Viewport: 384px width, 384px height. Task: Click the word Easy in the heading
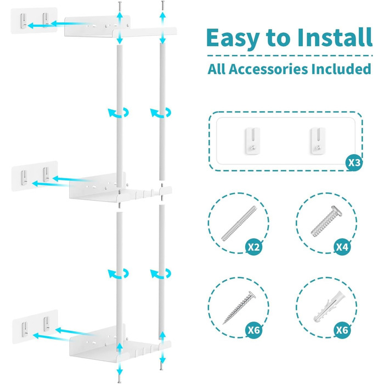233,38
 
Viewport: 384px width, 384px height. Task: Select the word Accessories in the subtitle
268,69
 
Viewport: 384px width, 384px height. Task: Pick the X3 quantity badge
354,162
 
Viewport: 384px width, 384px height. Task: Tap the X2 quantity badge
253,247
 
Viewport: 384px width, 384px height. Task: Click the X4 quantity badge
342,247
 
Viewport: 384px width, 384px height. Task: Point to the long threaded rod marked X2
239,223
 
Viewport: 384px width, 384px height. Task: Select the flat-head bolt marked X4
327,221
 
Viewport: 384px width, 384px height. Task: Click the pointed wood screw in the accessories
239,308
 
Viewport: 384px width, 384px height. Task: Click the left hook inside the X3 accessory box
253,141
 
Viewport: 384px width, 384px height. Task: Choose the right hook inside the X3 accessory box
318,141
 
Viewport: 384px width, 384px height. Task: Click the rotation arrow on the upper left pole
118,113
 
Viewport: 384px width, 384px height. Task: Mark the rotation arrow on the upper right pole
161,113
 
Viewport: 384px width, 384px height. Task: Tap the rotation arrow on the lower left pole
118,274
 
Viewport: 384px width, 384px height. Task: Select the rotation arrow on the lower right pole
161,274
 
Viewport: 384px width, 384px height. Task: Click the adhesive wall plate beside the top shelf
34,20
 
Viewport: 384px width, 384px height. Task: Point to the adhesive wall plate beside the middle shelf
35,176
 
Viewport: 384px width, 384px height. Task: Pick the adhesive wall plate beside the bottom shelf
35,327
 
